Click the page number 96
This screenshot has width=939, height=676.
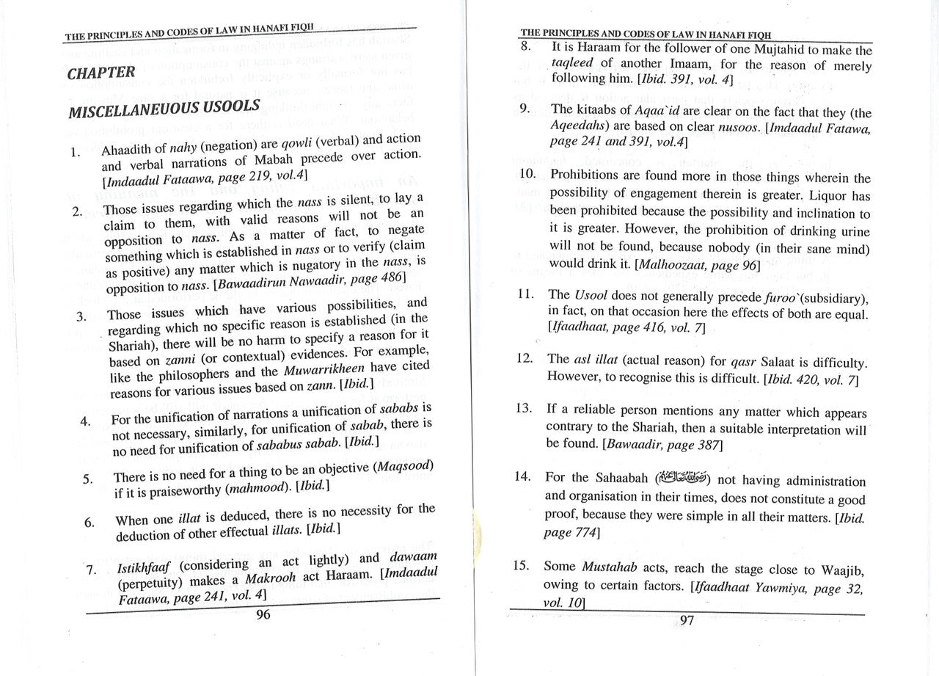(x=263, y=614)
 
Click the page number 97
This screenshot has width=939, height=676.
(x=687, y=620)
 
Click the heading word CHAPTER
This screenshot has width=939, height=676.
(x=101, y=73)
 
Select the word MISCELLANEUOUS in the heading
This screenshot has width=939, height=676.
(x=125, y=111)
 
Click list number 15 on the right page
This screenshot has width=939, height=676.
(x=521, y=566)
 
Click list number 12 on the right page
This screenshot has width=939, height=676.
(x=524, y=358)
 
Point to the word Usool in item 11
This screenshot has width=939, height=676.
(x=591, y=295)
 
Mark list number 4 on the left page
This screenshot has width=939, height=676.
(x=86, y=421)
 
